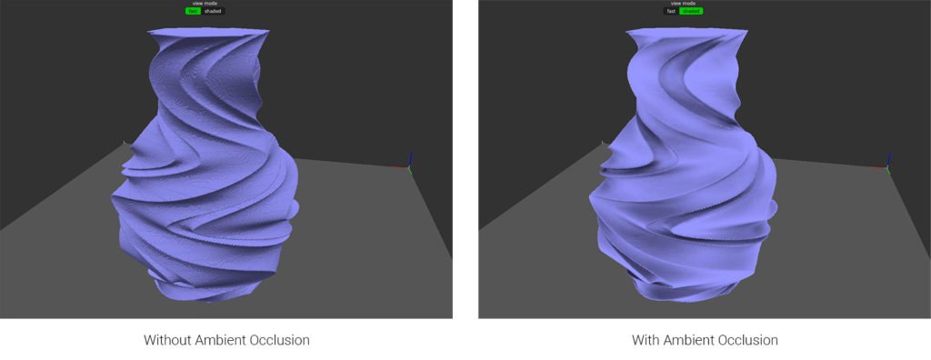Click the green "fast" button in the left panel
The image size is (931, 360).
[193, 11]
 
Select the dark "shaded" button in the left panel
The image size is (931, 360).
[212, 11]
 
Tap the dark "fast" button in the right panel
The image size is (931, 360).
[671, 11]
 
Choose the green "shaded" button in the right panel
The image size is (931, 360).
[691, 11]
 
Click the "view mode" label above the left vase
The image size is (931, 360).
[203, 4]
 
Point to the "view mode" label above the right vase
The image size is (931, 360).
[682, 4]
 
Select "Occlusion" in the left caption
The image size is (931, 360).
[282, 341]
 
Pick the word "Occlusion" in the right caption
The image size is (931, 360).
[750, 341]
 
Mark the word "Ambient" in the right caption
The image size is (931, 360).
[690, 341]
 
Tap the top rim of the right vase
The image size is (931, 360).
[688, 35]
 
